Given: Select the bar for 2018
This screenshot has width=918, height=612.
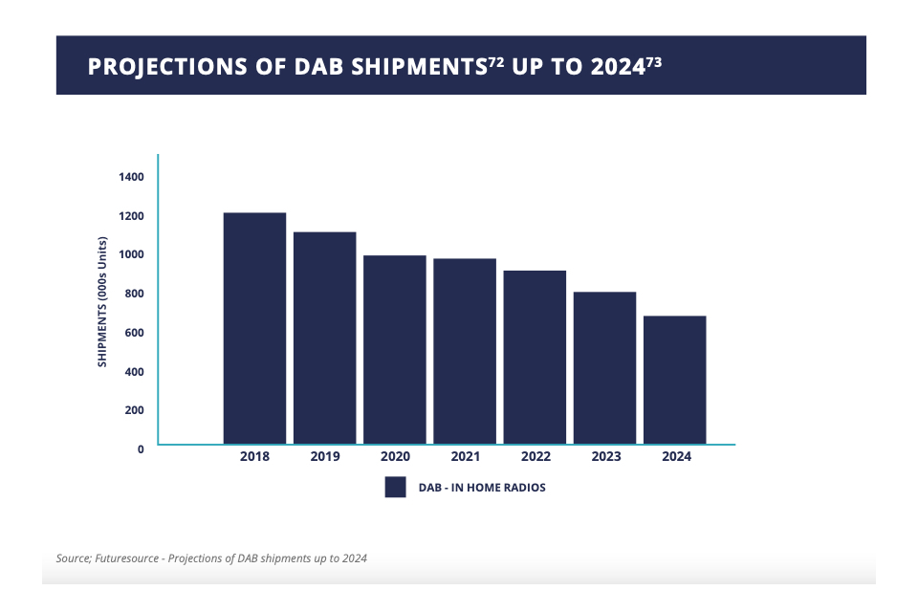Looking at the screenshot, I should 254,328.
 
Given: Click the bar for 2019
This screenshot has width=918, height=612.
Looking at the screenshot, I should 324,338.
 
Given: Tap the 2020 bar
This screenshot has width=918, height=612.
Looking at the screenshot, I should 395,349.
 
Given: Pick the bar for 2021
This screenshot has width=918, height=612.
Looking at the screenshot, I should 465,351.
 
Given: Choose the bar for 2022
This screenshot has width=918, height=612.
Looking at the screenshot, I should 535,357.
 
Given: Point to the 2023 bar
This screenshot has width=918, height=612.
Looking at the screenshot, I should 604,367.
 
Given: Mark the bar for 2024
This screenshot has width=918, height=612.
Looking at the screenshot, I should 675,380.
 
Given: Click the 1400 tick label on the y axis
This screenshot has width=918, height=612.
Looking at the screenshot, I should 131,177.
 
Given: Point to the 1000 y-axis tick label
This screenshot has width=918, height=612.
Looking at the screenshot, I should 131,254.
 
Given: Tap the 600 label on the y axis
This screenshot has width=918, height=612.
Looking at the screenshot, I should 133,332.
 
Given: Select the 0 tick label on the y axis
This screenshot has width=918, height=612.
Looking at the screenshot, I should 141,448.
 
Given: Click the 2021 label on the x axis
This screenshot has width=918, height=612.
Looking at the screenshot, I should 466,457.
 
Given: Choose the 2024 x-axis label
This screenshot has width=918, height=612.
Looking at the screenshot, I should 676,457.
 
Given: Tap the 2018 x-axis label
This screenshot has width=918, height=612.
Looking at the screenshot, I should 255,457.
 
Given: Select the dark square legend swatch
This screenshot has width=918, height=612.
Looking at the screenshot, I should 396,488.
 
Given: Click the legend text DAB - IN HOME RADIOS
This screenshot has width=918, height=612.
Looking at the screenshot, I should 482,488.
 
